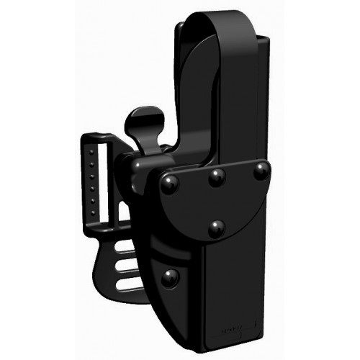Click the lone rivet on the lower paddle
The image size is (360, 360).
click(171, 277)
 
